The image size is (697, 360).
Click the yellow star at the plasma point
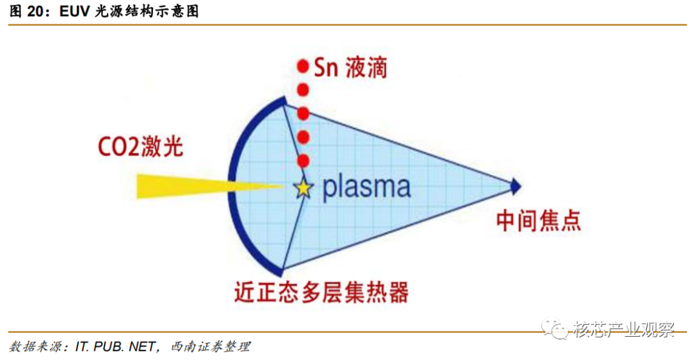click(x=303, y=188)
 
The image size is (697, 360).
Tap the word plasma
click(x=367, y=187)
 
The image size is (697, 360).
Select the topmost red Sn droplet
click(x=303, y=66)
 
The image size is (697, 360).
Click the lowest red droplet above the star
click(x=303, y=161)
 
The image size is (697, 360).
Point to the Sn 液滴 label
click(x=350, y=68)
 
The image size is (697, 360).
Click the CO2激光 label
click(x=141, y=146)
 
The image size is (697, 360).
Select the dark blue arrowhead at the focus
click(x=516, y=186)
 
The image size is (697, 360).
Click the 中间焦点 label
click(x=538, y=221)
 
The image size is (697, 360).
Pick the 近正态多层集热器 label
click(x=321, y=292)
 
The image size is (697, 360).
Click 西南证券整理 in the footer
click(x=210, y=346)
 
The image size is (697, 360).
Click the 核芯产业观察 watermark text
click(x=624, y=329)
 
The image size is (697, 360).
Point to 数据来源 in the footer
click(x=35, y=346)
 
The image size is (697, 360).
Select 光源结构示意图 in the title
click(x=147, y=11)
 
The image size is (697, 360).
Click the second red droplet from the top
click(x=303, y=90)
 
